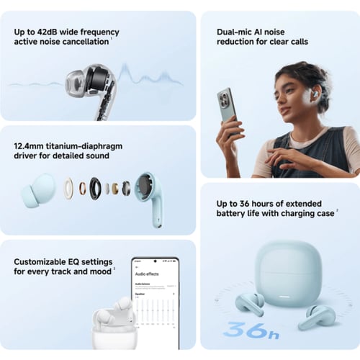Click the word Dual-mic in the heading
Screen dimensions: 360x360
(x=235, y=32)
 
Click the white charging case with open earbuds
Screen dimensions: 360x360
(x=113, y=322)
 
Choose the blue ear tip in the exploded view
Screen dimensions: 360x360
(x=42, y=190)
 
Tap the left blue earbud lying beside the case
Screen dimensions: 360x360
(x=250, y=303)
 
